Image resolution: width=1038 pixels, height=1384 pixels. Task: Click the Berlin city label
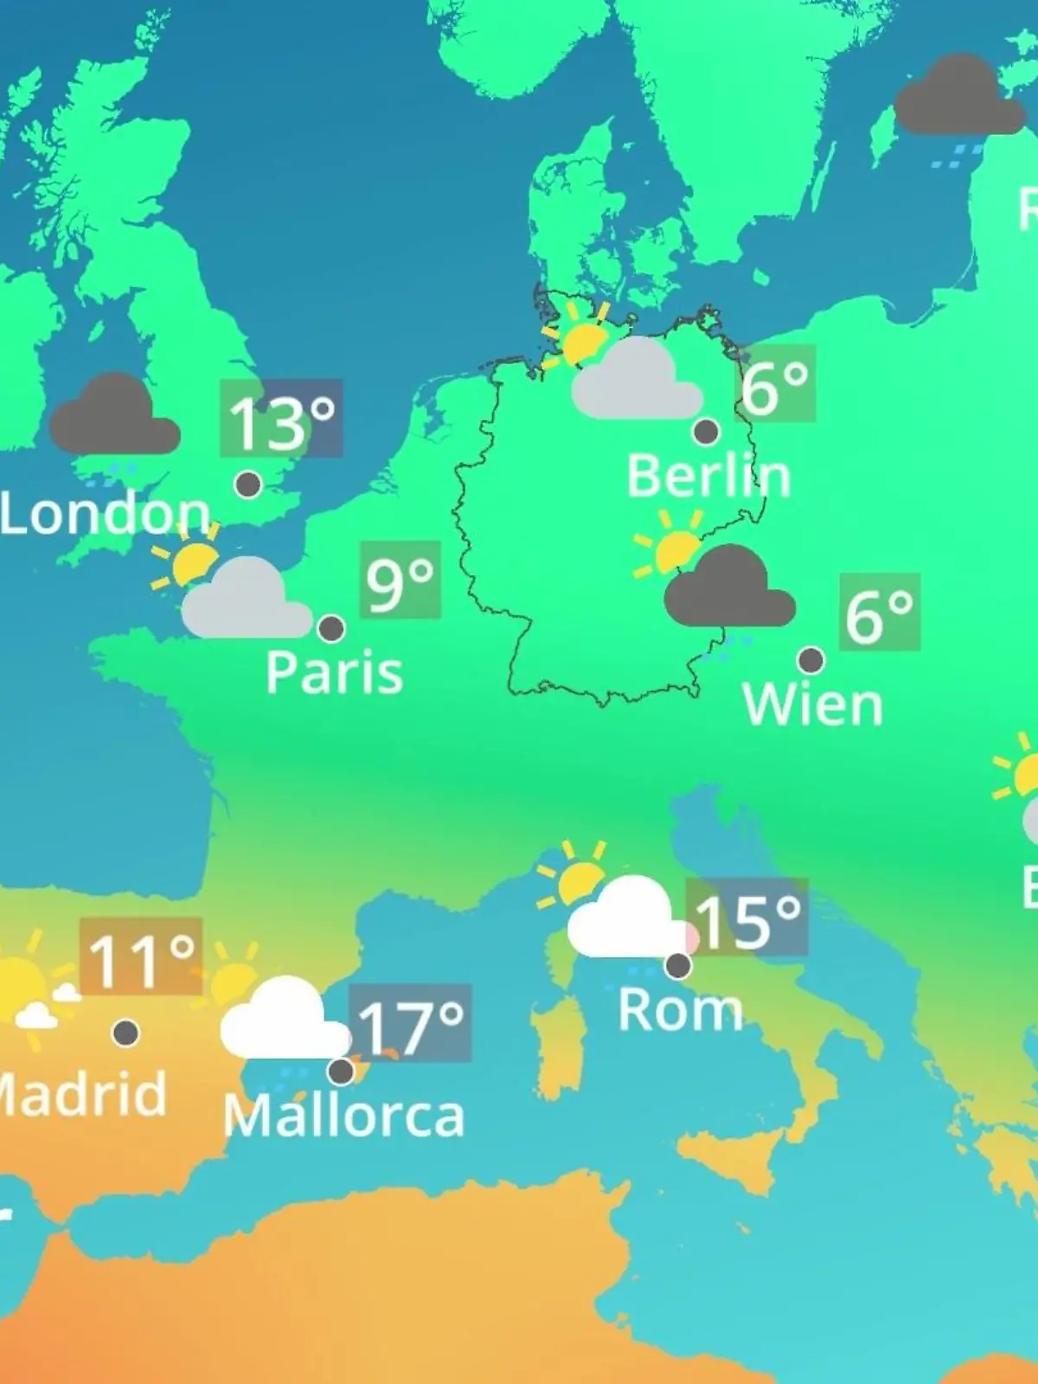coord(708,476)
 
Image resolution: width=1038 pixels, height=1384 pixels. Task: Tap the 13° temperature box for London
coord(281,419)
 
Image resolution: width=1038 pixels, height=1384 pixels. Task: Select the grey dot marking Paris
coord(331,628)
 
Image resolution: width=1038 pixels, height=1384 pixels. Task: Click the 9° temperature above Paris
coord(400,580)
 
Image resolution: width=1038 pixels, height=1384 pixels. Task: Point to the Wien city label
coord(812,705)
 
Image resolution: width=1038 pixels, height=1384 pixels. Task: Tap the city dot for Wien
coord(811,660)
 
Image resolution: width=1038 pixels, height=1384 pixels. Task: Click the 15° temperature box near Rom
coord(747,918)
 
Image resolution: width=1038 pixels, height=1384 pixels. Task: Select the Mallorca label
coord(343,1116)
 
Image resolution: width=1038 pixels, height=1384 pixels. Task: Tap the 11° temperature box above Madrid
coord(141,957)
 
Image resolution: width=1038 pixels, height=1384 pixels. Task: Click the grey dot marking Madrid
coord(126,1032)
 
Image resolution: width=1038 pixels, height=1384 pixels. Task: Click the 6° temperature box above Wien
coord(879,612)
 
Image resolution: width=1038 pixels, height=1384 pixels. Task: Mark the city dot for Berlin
coord(706,431)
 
